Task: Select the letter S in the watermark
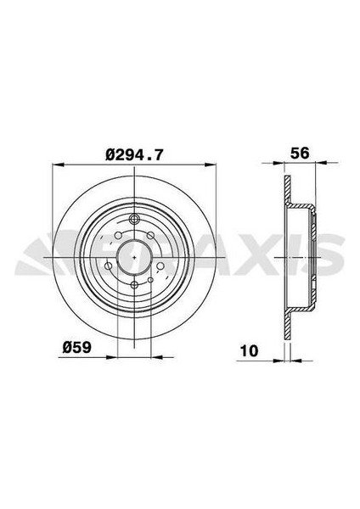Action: pyautogui.click(x=331, y=254)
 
